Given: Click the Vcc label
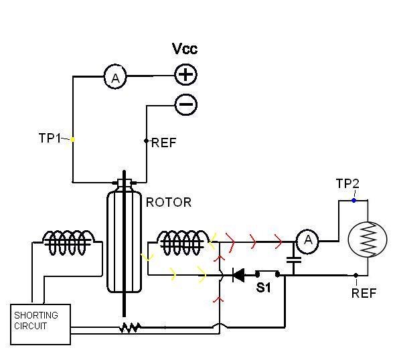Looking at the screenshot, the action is pos(185,49).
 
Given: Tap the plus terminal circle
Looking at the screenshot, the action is pos(185,75).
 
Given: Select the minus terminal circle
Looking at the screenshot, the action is pos(185,104).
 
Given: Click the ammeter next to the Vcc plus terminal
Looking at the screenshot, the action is pos(115,77).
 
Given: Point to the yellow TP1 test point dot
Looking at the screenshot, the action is pos(72,140).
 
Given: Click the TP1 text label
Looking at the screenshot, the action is pos(50,138).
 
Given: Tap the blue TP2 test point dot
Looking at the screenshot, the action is pos(353,200).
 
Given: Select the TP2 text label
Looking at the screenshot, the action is pos(347,183).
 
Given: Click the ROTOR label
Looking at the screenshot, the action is pos(169,203).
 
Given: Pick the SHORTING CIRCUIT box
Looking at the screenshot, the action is pos(40,325).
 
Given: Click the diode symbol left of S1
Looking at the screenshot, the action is pos(238,275).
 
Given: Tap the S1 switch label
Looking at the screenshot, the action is pos(263,288).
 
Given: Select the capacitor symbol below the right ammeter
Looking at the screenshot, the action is pos(294,260).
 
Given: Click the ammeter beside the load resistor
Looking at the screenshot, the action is pos(307,242).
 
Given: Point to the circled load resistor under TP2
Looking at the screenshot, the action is pos(368,240).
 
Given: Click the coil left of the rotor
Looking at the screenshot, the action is pos(68,242).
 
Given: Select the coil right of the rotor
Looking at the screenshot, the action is pos(183,242).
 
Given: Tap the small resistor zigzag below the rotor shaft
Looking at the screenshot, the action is pos(130,327).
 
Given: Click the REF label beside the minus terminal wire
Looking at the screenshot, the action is pos(164,143).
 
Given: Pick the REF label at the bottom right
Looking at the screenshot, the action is pos(364,293).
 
